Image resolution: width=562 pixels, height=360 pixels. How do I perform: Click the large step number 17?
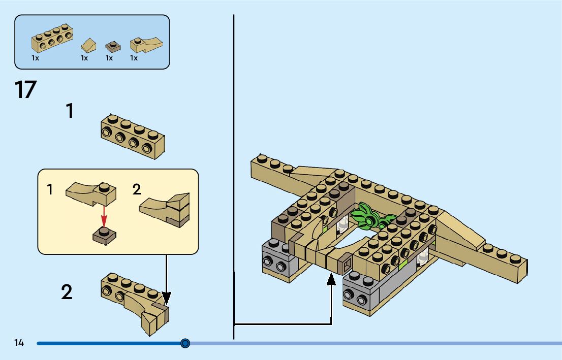point(25,90)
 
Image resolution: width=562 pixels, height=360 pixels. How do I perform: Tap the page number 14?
point(19,343)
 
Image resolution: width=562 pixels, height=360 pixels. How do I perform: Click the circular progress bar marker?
point(185,344)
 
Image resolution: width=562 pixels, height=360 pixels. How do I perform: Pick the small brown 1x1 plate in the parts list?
point(113,46)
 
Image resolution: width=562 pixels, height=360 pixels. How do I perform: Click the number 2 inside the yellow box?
point(136,190)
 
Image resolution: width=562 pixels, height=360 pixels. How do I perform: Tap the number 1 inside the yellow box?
point(50,190)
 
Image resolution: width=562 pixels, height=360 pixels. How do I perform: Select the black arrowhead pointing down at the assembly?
point(166,298)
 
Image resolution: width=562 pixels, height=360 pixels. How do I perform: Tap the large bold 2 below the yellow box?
point(67,292)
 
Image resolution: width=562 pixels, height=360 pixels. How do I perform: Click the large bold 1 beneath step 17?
point(70,111)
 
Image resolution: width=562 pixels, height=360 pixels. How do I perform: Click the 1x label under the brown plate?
point(109,58)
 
